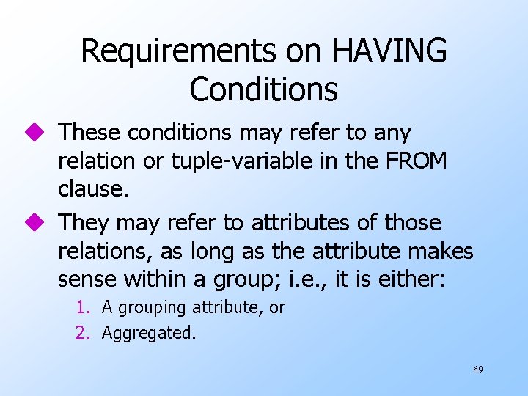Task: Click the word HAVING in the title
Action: pos(389,51)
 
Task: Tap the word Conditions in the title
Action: pos(263,89)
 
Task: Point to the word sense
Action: pos(87,279)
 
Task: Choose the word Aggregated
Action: pos(149,333)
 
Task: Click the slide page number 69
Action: pos(477,370)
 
